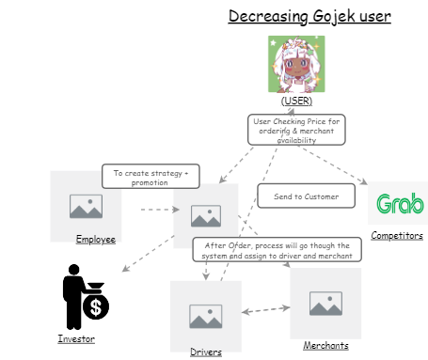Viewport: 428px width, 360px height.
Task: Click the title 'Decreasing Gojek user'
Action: tap(295, 16)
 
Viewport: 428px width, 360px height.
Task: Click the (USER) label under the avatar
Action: tap(295, 100)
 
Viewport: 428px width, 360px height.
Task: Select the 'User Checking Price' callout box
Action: tap(297, 130)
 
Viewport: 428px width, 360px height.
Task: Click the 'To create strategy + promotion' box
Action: tap(151, 177)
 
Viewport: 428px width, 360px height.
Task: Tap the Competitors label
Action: tap(397, 236)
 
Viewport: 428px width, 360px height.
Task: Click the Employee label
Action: tap(96, 240)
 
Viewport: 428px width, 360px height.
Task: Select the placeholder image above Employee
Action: tap(86, 205)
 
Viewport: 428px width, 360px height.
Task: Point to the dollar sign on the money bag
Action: tap(94, 306)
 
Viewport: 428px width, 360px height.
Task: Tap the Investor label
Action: tap(76, 337)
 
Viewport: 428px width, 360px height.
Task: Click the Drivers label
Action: tap(206, 352)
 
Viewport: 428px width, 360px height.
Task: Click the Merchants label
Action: tap(325, 346)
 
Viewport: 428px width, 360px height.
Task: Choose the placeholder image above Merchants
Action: tap(325, 303)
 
